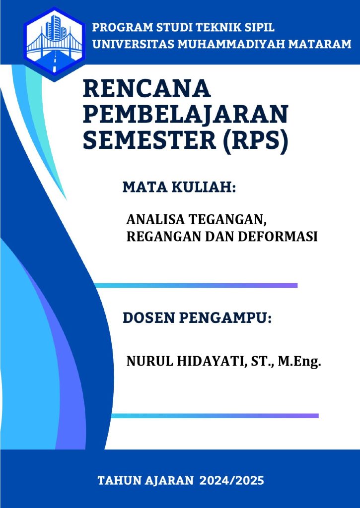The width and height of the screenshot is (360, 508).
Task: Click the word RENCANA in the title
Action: click(147, 89)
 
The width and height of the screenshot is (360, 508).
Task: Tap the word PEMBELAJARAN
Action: click(186, 115)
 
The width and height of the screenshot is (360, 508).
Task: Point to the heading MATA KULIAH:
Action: click(179, 188)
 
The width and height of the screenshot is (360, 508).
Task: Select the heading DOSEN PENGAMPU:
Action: click(197, 318)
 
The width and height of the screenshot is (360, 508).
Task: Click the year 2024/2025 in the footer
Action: click(231, 480)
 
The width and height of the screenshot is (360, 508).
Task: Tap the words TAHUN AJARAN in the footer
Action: click(145, 480)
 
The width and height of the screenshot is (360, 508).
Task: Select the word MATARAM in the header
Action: click(320, 44)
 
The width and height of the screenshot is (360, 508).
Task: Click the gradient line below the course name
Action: click(196, 285)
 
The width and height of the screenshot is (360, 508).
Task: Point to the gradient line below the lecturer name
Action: click(215, 416)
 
